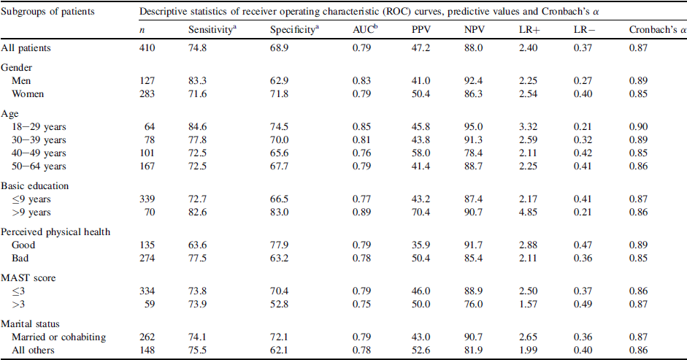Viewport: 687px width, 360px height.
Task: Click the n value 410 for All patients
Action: pyautogui.click(x=147, y=47)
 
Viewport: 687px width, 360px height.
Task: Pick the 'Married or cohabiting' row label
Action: pyautogui.click(x=59, y=337)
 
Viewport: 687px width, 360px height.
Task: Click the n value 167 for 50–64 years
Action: pyautogui.click(x=147, y=167)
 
